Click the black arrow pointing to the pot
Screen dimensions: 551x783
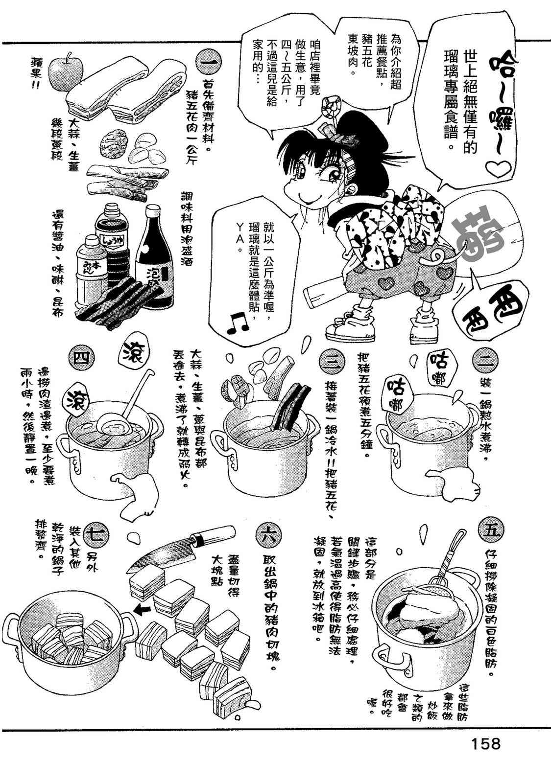pos(142,610)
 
